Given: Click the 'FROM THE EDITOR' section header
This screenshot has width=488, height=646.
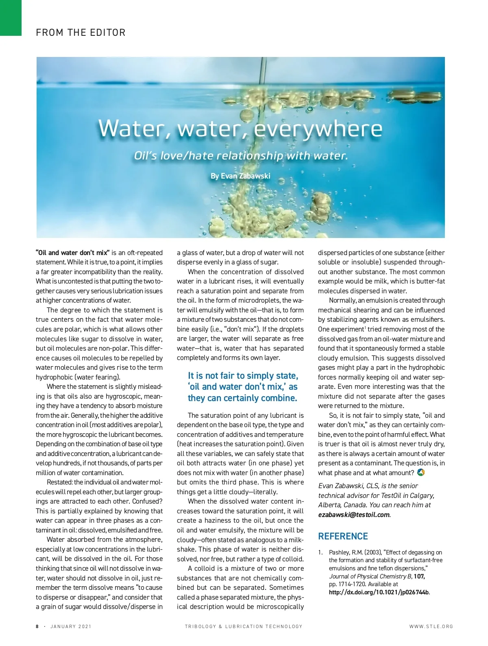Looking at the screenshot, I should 81,33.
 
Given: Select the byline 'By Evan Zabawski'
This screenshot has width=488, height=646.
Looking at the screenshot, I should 240,176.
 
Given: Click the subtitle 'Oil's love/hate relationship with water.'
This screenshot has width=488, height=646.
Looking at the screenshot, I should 241,156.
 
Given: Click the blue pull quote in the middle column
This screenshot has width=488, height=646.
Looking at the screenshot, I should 243,387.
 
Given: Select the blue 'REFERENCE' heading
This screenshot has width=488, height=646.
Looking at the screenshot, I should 343,536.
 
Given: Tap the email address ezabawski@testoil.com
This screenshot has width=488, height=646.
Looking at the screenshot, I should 353,515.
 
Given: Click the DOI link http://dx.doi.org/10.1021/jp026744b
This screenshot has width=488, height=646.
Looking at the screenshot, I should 379,592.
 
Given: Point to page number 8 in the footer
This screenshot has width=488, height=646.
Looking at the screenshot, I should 37,626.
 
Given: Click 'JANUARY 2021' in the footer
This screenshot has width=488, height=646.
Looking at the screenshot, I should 71,626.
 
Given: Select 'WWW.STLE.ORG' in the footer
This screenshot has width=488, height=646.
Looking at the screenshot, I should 431,626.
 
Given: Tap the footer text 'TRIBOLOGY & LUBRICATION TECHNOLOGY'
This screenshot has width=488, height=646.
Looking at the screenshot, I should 244,626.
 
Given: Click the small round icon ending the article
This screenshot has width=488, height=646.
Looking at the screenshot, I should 421,473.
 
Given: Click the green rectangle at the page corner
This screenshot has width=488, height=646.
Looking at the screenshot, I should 11,18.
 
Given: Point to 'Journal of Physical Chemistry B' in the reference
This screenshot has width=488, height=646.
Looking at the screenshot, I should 370,576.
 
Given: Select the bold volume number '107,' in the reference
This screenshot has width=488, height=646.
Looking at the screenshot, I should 419,576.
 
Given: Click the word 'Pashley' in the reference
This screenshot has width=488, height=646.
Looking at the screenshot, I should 339,552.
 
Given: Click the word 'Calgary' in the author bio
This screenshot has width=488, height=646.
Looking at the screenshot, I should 422,495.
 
